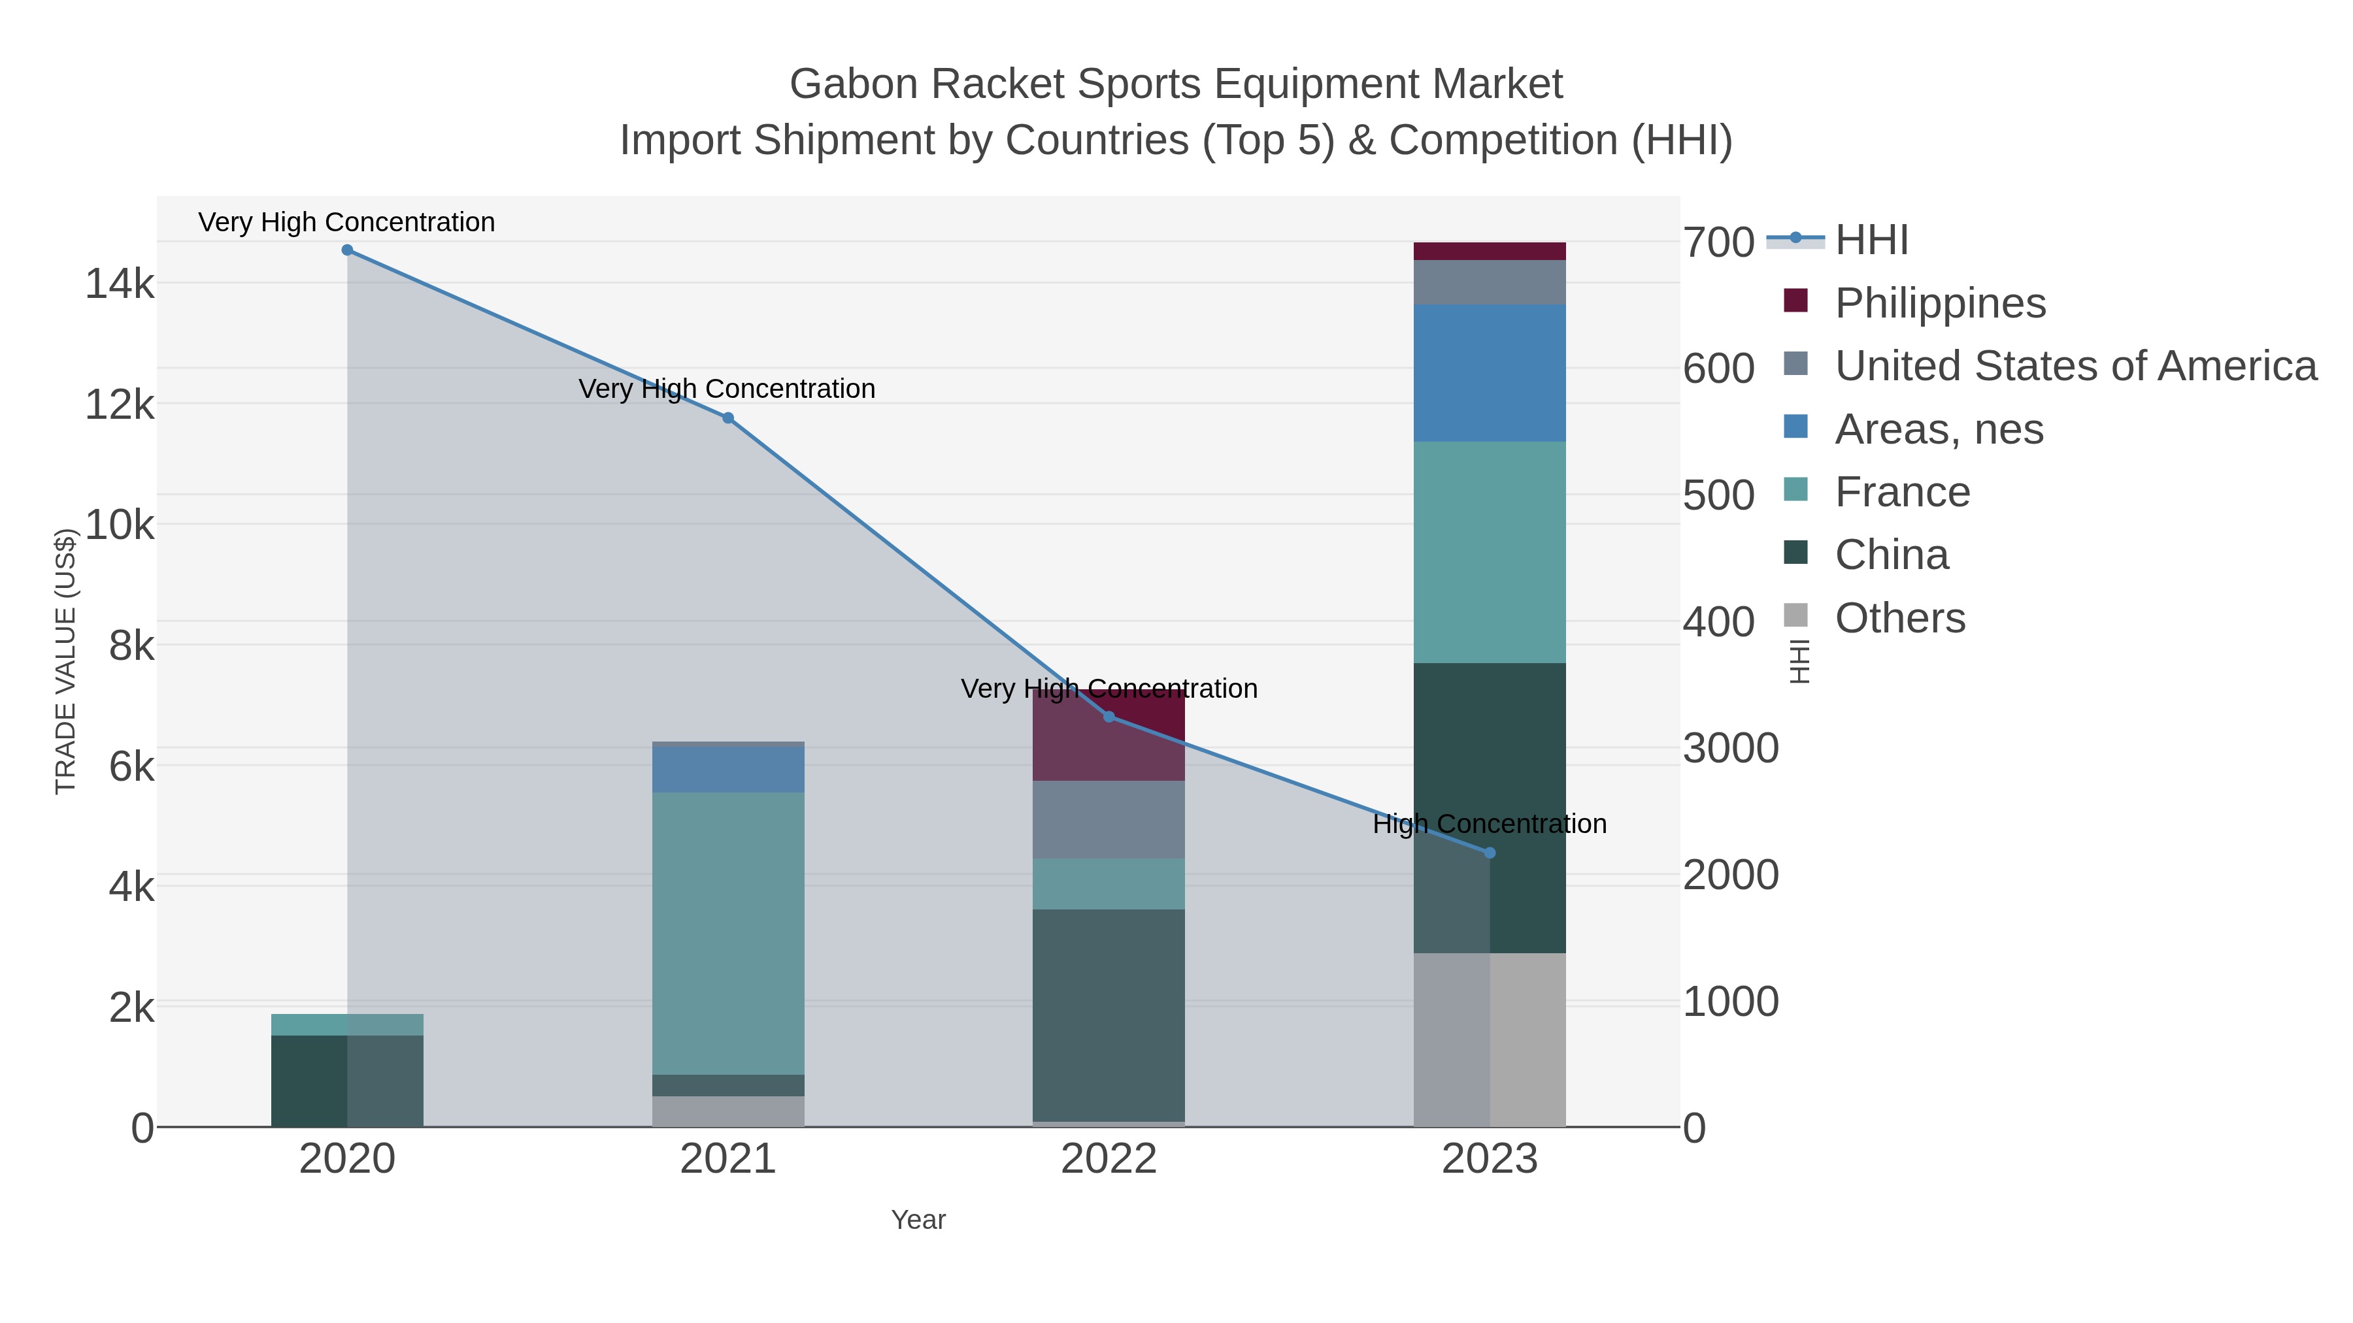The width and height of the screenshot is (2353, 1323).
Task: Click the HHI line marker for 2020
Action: pos(347,250)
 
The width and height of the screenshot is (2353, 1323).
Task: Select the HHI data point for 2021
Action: pos(728,418)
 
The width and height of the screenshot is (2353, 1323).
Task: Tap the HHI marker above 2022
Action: pos(1109,717)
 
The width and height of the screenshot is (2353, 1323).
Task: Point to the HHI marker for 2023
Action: pos(1490,853)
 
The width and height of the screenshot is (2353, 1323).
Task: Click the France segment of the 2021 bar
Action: pos(728,931)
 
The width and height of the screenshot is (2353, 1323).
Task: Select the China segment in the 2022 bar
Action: pos(1109,1013)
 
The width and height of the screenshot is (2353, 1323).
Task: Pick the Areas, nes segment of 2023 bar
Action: pos(1490,372)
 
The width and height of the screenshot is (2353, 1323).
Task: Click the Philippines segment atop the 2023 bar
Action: pos(1490,251)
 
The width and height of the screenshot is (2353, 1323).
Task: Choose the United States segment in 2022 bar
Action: pos(1109,819)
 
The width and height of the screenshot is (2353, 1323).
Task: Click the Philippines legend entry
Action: pos(1940,302)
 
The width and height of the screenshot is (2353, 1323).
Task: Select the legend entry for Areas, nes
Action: pos(1939,429)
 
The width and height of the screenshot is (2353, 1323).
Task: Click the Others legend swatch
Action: pos(1796,616)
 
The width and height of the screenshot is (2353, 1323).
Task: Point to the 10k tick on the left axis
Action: pos(120,525)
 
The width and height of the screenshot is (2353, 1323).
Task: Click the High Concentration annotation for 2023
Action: pos(1489,824)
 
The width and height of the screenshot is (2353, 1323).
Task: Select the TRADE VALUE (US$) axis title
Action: pos(66,661)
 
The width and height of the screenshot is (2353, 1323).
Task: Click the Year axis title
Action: pos(918,1220)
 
